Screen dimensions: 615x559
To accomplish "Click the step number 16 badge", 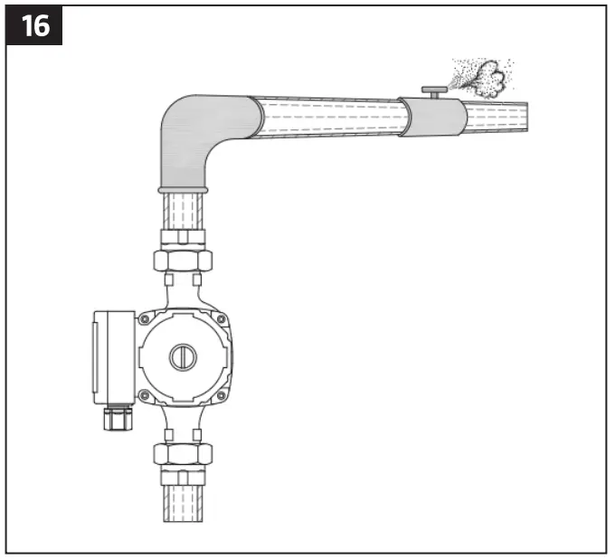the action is pos(34,25).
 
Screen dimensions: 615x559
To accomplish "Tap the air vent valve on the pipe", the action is pos(435,91).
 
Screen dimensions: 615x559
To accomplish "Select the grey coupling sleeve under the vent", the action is pos(432,117).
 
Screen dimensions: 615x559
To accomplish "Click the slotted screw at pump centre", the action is pos(183,357).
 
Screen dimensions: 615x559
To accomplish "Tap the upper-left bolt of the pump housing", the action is pos(145,319).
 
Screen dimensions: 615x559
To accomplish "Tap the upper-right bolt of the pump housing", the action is pos(222,319).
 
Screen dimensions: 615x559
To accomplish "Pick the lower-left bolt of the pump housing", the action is pos(145,395).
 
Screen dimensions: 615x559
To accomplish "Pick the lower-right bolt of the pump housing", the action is pos(222,395).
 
